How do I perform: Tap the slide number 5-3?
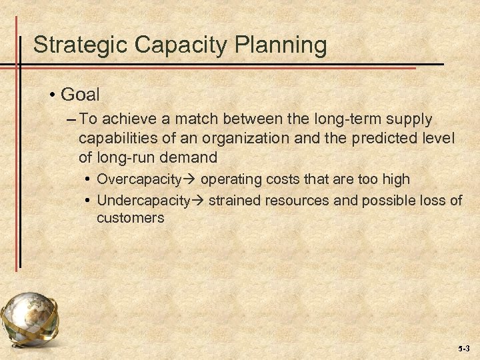pos(464,349)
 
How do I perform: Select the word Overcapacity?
pos(139,179)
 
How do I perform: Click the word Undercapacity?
pos(143,200)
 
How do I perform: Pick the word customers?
pos(130,217)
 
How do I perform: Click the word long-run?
pos(123,158)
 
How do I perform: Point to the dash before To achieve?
pos(71,120)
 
